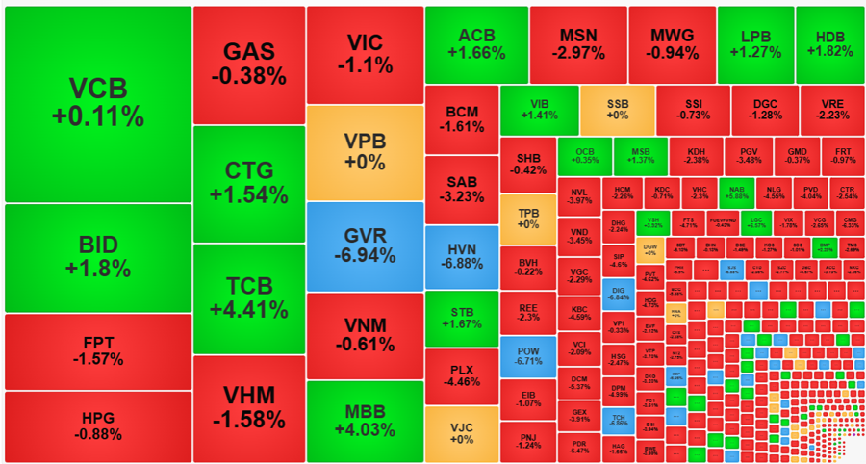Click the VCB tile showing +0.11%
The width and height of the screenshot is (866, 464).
pos(98,103)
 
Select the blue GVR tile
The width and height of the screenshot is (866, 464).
pos(365,246)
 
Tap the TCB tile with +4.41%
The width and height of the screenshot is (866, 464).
pos(249,298)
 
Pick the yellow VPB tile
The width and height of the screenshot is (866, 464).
pos(365,152)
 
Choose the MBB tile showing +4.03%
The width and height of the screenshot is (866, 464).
pos(365,421)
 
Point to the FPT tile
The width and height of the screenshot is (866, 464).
pos(98,350)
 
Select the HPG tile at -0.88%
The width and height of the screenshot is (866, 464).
pos(98,425)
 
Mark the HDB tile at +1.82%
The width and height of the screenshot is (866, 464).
pos(830,44)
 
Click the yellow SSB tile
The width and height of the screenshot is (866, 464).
pos(617,110)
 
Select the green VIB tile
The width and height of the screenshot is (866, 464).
pos(539,110)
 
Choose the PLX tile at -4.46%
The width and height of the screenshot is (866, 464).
pos(461,375)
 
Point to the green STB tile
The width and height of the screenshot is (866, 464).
pos(461,318)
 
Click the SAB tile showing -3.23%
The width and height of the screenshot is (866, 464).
pos(461,189)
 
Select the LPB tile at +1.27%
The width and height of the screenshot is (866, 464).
pos(755,44)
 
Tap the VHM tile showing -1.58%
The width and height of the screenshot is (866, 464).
pos(249,407)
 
